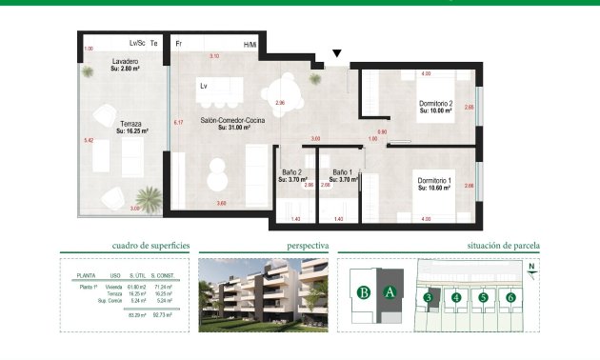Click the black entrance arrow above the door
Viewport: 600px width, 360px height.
click(x=336, y=55)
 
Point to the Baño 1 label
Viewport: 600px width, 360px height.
click(x=342, y=174)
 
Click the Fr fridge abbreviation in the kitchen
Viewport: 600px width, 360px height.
click(x=178, y=44)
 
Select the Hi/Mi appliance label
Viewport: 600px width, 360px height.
click(x=250, y=45)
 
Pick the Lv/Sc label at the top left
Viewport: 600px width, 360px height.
click(x=137, y=44)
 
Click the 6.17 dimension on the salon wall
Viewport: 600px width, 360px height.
click(x=177, y=123)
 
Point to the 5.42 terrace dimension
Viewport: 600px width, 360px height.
click(x=89, y=141)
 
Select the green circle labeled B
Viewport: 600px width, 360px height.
click(x=363, y=292)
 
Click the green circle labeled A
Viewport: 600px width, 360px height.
click(x=390, y=292)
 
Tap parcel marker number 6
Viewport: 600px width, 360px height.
click(x=511, y=298)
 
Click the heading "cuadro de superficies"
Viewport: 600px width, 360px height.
click(x=150, y=246)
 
